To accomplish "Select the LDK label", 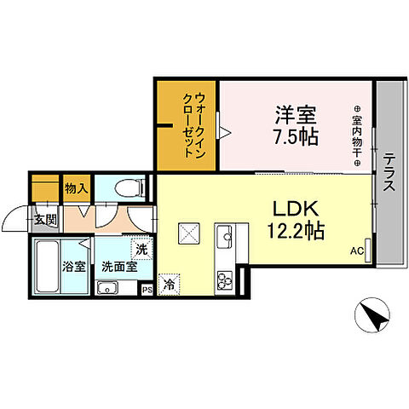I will [x=295, y=207].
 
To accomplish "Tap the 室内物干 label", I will [x=357, y=135].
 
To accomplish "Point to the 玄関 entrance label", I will [x=44, y=219].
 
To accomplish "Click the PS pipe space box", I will [x=147, y=290].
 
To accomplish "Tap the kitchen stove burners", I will [x=226, y=279].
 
